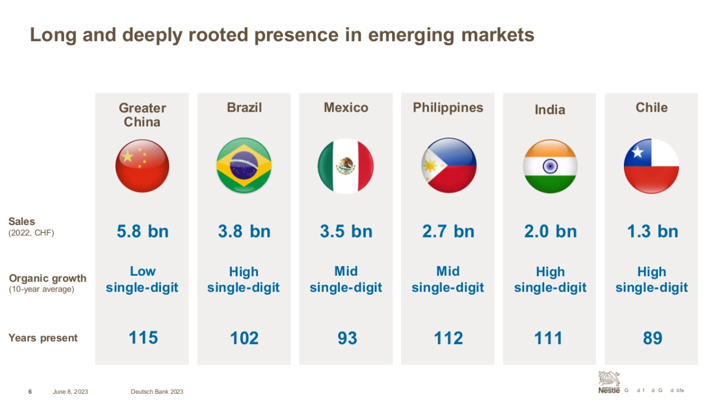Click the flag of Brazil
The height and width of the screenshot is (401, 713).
(244, 166)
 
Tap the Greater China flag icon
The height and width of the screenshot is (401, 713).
(142, 166)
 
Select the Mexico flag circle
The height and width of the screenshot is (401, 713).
(346, 166)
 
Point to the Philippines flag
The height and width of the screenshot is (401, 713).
(449, 166)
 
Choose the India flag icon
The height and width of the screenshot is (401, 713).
(550, 166)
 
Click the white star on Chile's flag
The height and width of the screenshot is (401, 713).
(638, 153)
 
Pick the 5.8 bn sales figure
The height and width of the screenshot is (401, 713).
(143, 231)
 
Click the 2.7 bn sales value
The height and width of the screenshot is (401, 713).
(449, 231)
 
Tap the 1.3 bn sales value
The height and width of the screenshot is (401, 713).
(652, 231)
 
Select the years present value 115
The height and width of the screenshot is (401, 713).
(143, 338)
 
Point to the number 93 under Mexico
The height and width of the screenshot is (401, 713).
(347, 338)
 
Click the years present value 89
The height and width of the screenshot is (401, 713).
(652, 338)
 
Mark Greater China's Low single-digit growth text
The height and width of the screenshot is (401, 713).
(142, 280)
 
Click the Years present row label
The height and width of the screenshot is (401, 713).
(43, 338)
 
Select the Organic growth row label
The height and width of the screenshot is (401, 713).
(48, 279)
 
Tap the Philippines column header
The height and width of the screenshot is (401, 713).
(448, 108)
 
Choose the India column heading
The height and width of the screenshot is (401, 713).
(550, 110)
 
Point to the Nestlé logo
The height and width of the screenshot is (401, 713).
(609, 382)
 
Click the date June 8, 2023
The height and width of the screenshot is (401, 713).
(70, 391)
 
